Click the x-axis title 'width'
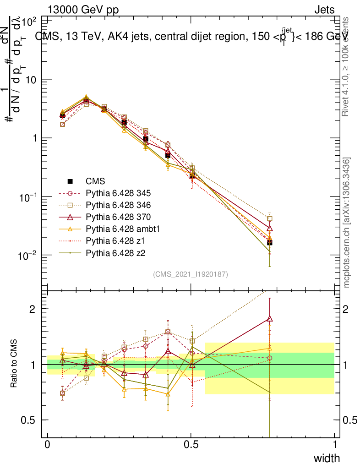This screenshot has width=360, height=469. pyautogui.click(x=327, y=458)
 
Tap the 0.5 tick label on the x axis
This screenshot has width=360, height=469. pyautogui.click(x=191, y=444)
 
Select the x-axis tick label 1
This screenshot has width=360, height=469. pyautogui.click(x=334, y=444)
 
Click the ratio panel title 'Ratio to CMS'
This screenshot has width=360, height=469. pyautogui.click(x=14, y=364)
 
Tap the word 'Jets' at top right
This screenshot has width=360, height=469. pyautogui.click(x=324, y=10)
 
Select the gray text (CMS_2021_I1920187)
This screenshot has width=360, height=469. pyautogui.click(x=191, y=274)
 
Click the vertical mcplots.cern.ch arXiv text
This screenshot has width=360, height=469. pyautogui.click(x=347, y=223)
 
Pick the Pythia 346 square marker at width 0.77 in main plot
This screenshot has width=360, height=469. pyautogui.click(x=270, y=219)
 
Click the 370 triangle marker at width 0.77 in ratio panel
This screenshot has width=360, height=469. pyautogui.click(x=270, y=319)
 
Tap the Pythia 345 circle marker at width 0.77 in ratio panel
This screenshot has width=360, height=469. pyautogui.click(x=270, y=358)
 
